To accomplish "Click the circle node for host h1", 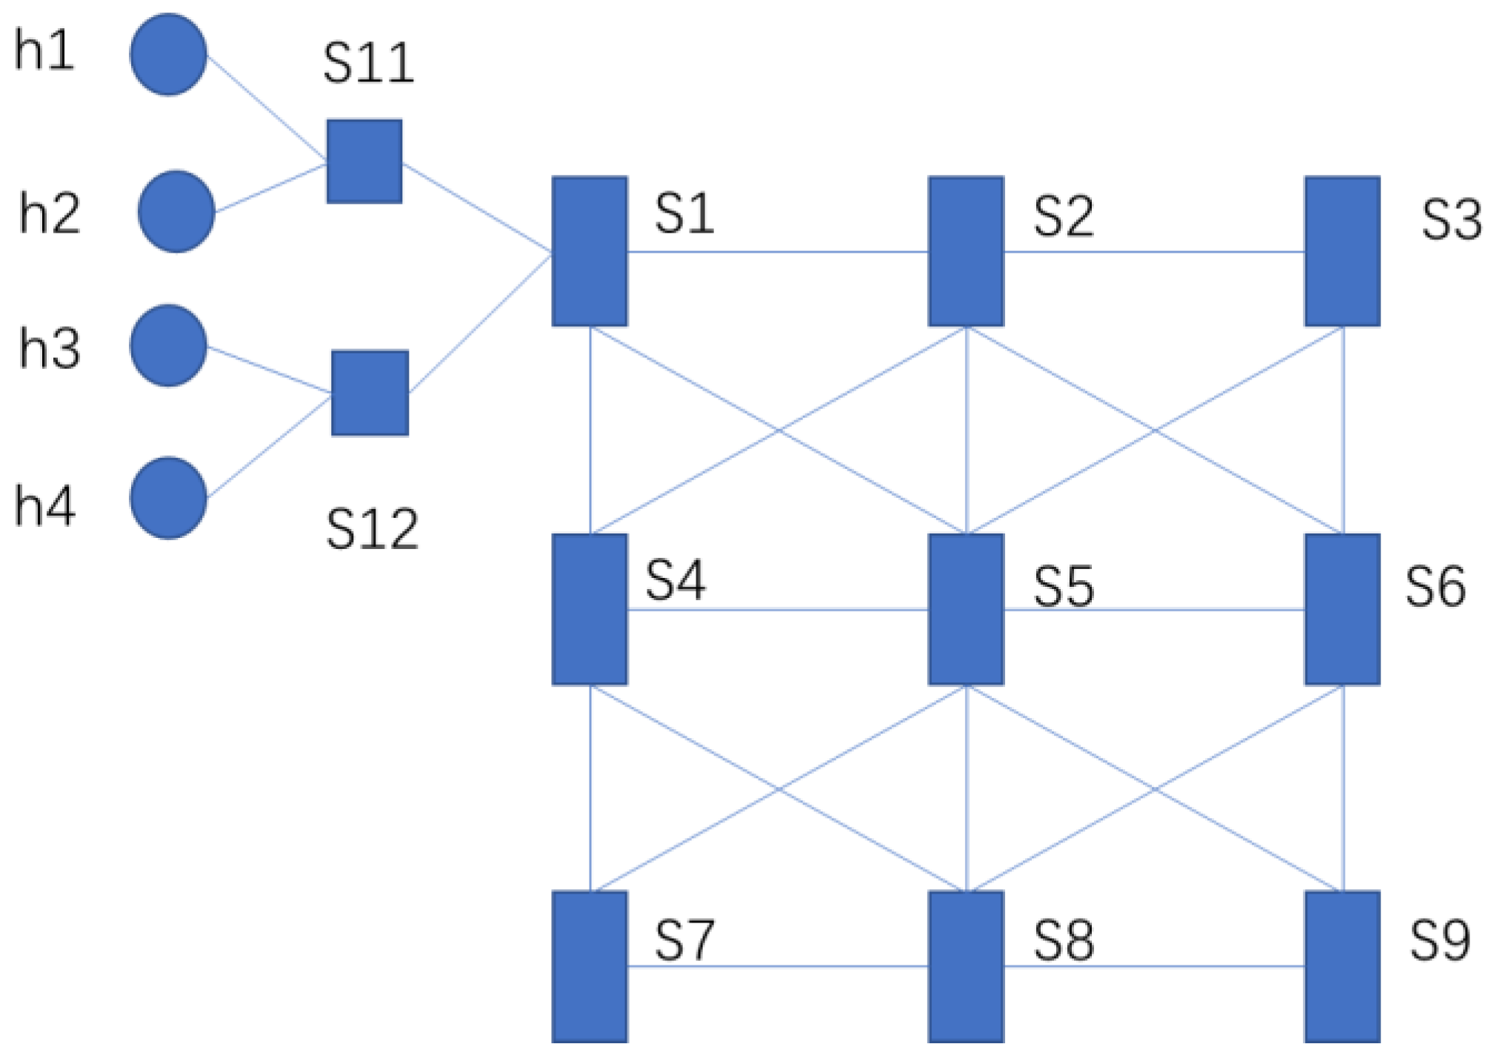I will [168, 54].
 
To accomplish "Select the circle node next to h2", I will [176, 212].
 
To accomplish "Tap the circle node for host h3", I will [168, 345].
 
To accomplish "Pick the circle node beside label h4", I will [168, 498].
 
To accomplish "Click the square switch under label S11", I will [364, 161].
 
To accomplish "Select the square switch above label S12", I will [370, 393].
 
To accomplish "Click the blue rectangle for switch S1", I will [590, 251].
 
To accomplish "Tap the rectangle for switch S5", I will [966, 609].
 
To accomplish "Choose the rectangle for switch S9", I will [1342, 966].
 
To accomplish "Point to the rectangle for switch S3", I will [1342, 251].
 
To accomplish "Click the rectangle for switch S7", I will [590, 966].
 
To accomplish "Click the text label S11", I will [368, 63].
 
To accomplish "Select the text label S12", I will [372, 529].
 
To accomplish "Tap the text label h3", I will [49, 348].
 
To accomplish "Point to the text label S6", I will [1435, 587].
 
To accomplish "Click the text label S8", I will [1064, 941].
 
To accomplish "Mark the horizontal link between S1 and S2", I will [778, 252].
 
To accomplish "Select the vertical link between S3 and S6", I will [1344, 430].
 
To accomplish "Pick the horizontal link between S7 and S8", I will [778, 966].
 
